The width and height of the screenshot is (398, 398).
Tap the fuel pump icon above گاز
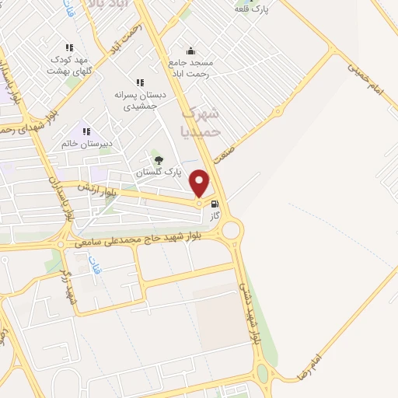coord(215,204)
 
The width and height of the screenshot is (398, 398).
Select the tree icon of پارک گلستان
coord(159,160)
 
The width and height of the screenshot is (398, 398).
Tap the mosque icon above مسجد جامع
coord(191,51)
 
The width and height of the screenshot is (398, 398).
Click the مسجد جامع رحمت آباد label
coord(190,68)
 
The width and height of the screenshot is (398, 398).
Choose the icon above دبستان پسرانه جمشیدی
coord(140,82)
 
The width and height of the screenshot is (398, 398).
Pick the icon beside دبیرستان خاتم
coord(86,132)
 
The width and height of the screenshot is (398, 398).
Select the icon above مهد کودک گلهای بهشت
coord(70,47)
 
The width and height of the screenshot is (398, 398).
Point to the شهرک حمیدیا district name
coord(201,123)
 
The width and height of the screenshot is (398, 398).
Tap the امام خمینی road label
coord(367,81)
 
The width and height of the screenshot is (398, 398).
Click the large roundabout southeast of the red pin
coord(231,229)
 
